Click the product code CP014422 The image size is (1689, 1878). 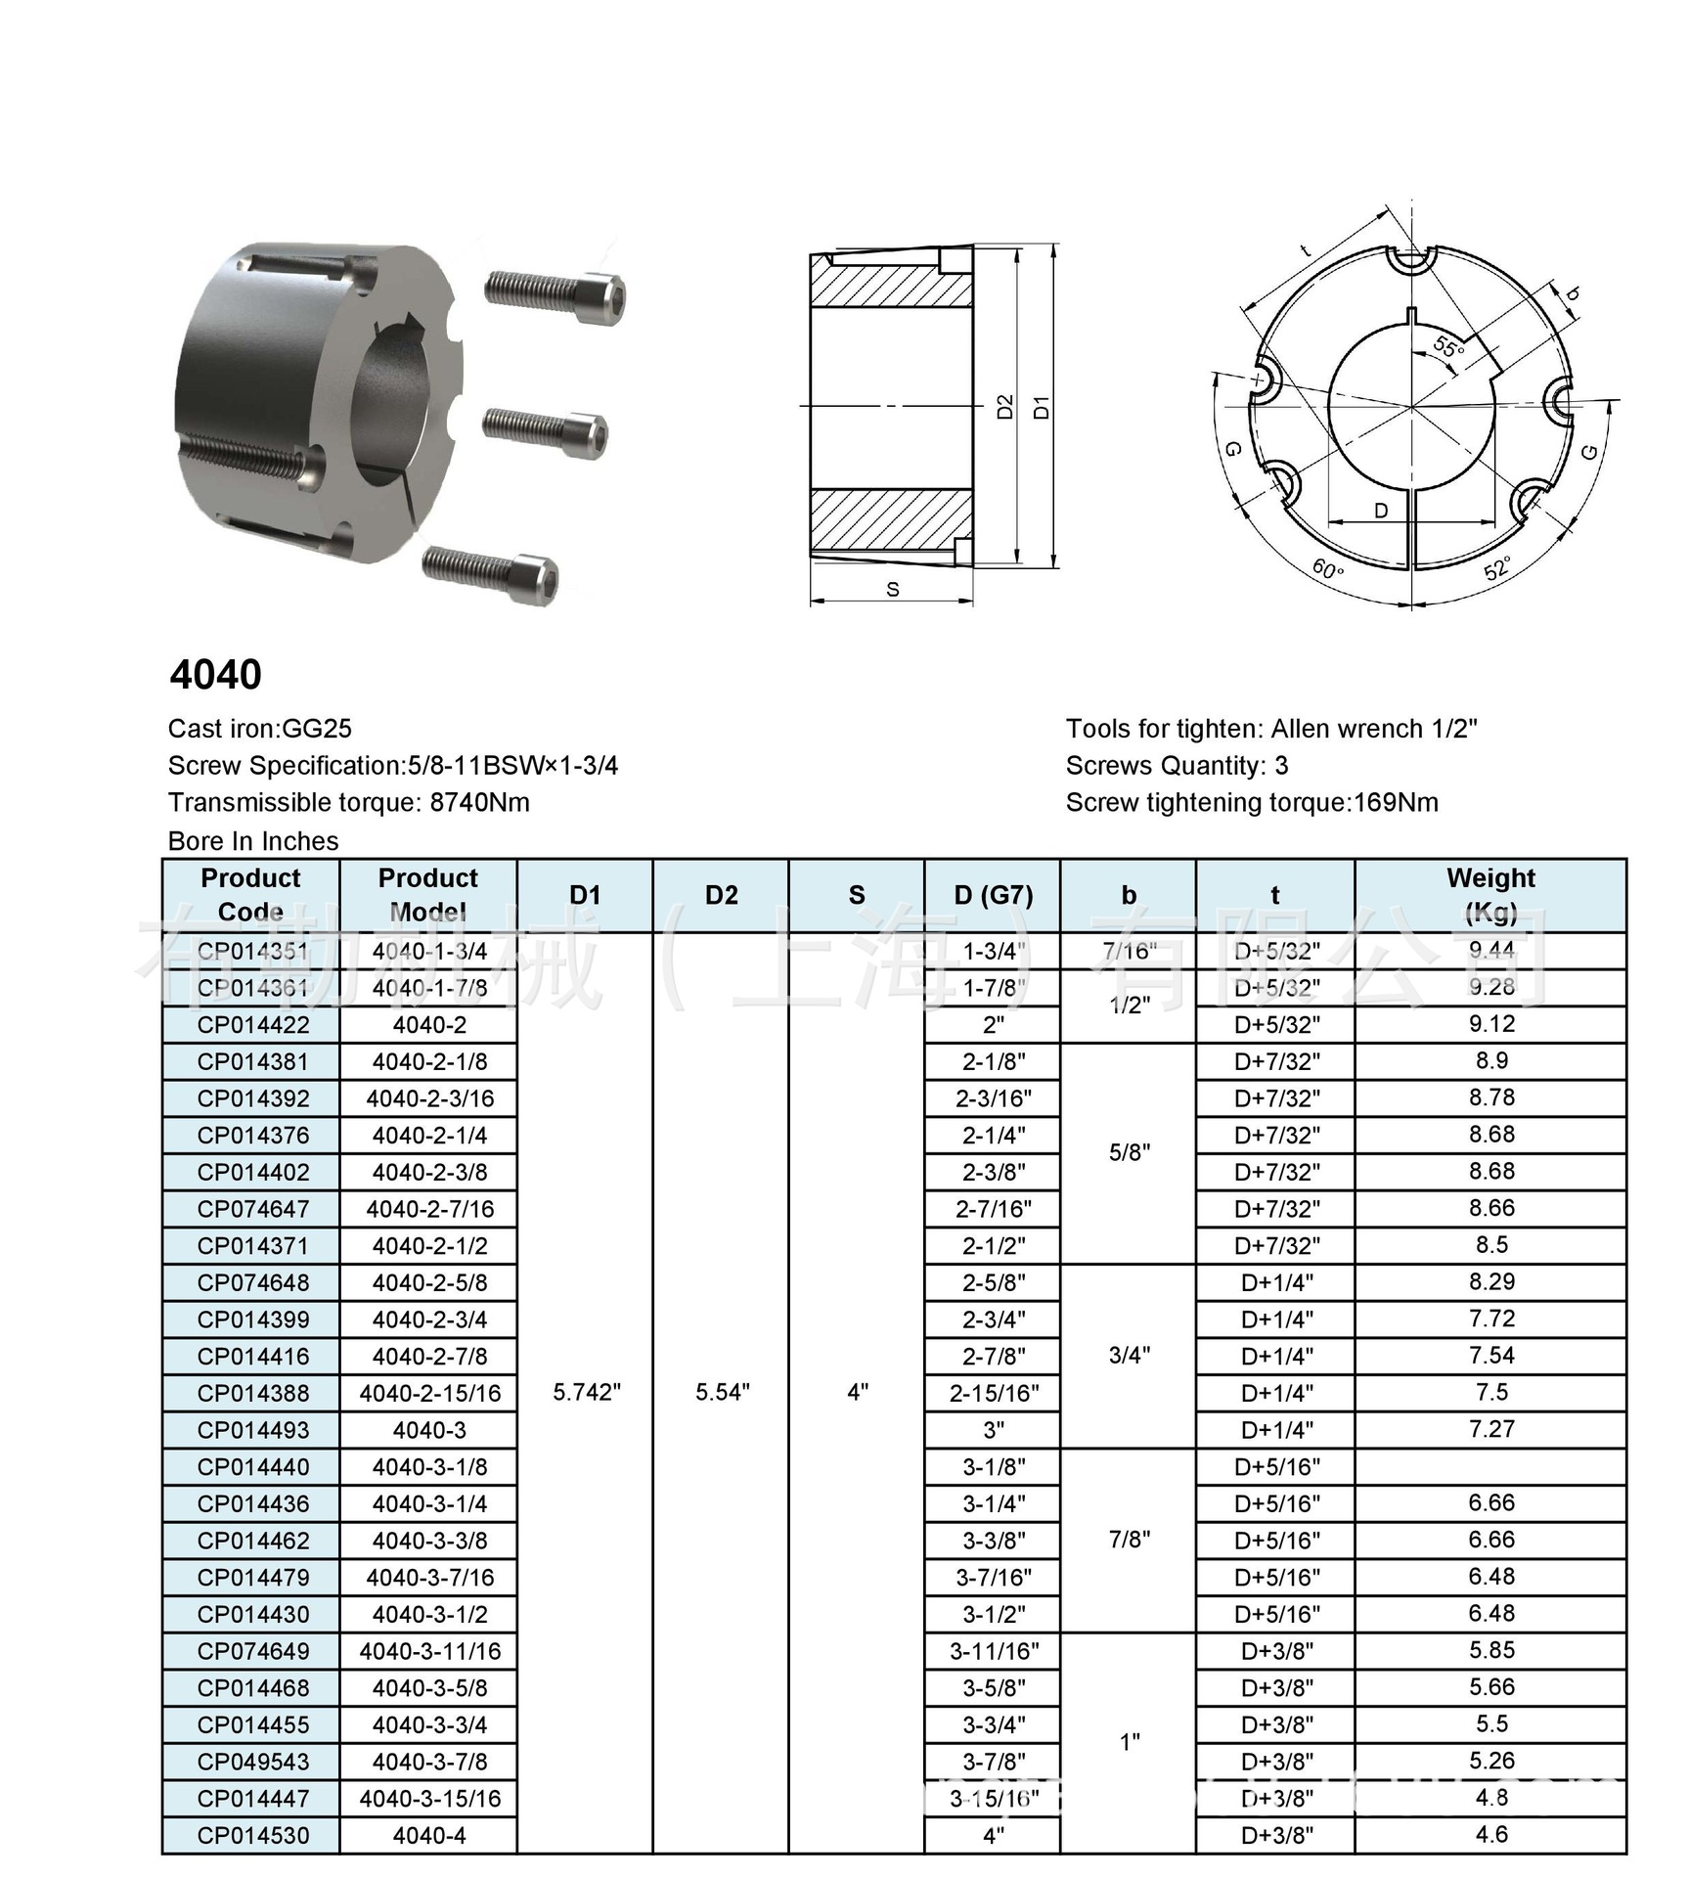[x=252, y=1024]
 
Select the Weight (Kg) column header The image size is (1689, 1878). [x=1489, y=894]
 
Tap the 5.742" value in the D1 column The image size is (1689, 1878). [x=586, y=1392]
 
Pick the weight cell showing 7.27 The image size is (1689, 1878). [x=1490, y=1429]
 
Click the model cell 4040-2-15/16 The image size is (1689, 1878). [x=429, y=1393]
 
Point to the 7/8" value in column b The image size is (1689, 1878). [x=1129, y=1540]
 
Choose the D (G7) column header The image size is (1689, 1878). [x=993, y=895]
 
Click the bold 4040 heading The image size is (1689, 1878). [x=215, y=675]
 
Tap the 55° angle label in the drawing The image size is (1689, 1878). [x=1448, y=346]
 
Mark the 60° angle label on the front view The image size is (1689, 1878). [x=1327, y=568]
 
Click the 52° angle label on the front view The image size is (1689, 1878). [x=1497, y=568]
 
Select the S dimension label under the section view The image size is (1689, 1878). [x=892, y=589]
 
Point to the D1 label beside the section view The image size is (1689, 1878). [x=1043, y=407]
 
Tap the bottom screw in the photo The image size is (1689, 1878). [x=492, y=574]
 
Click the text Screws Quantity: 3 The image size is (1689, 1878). [x=1177, y=766]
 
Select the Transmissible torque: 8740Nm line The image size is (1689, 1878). [x=348, y=803]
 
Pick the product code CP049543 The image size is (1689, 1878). [x=252, y=1762]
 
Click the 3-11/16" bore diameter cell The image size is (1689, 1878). [x=993, y=1651]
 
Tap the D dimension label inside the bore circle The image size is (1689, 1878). [x=1381, y=511]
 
